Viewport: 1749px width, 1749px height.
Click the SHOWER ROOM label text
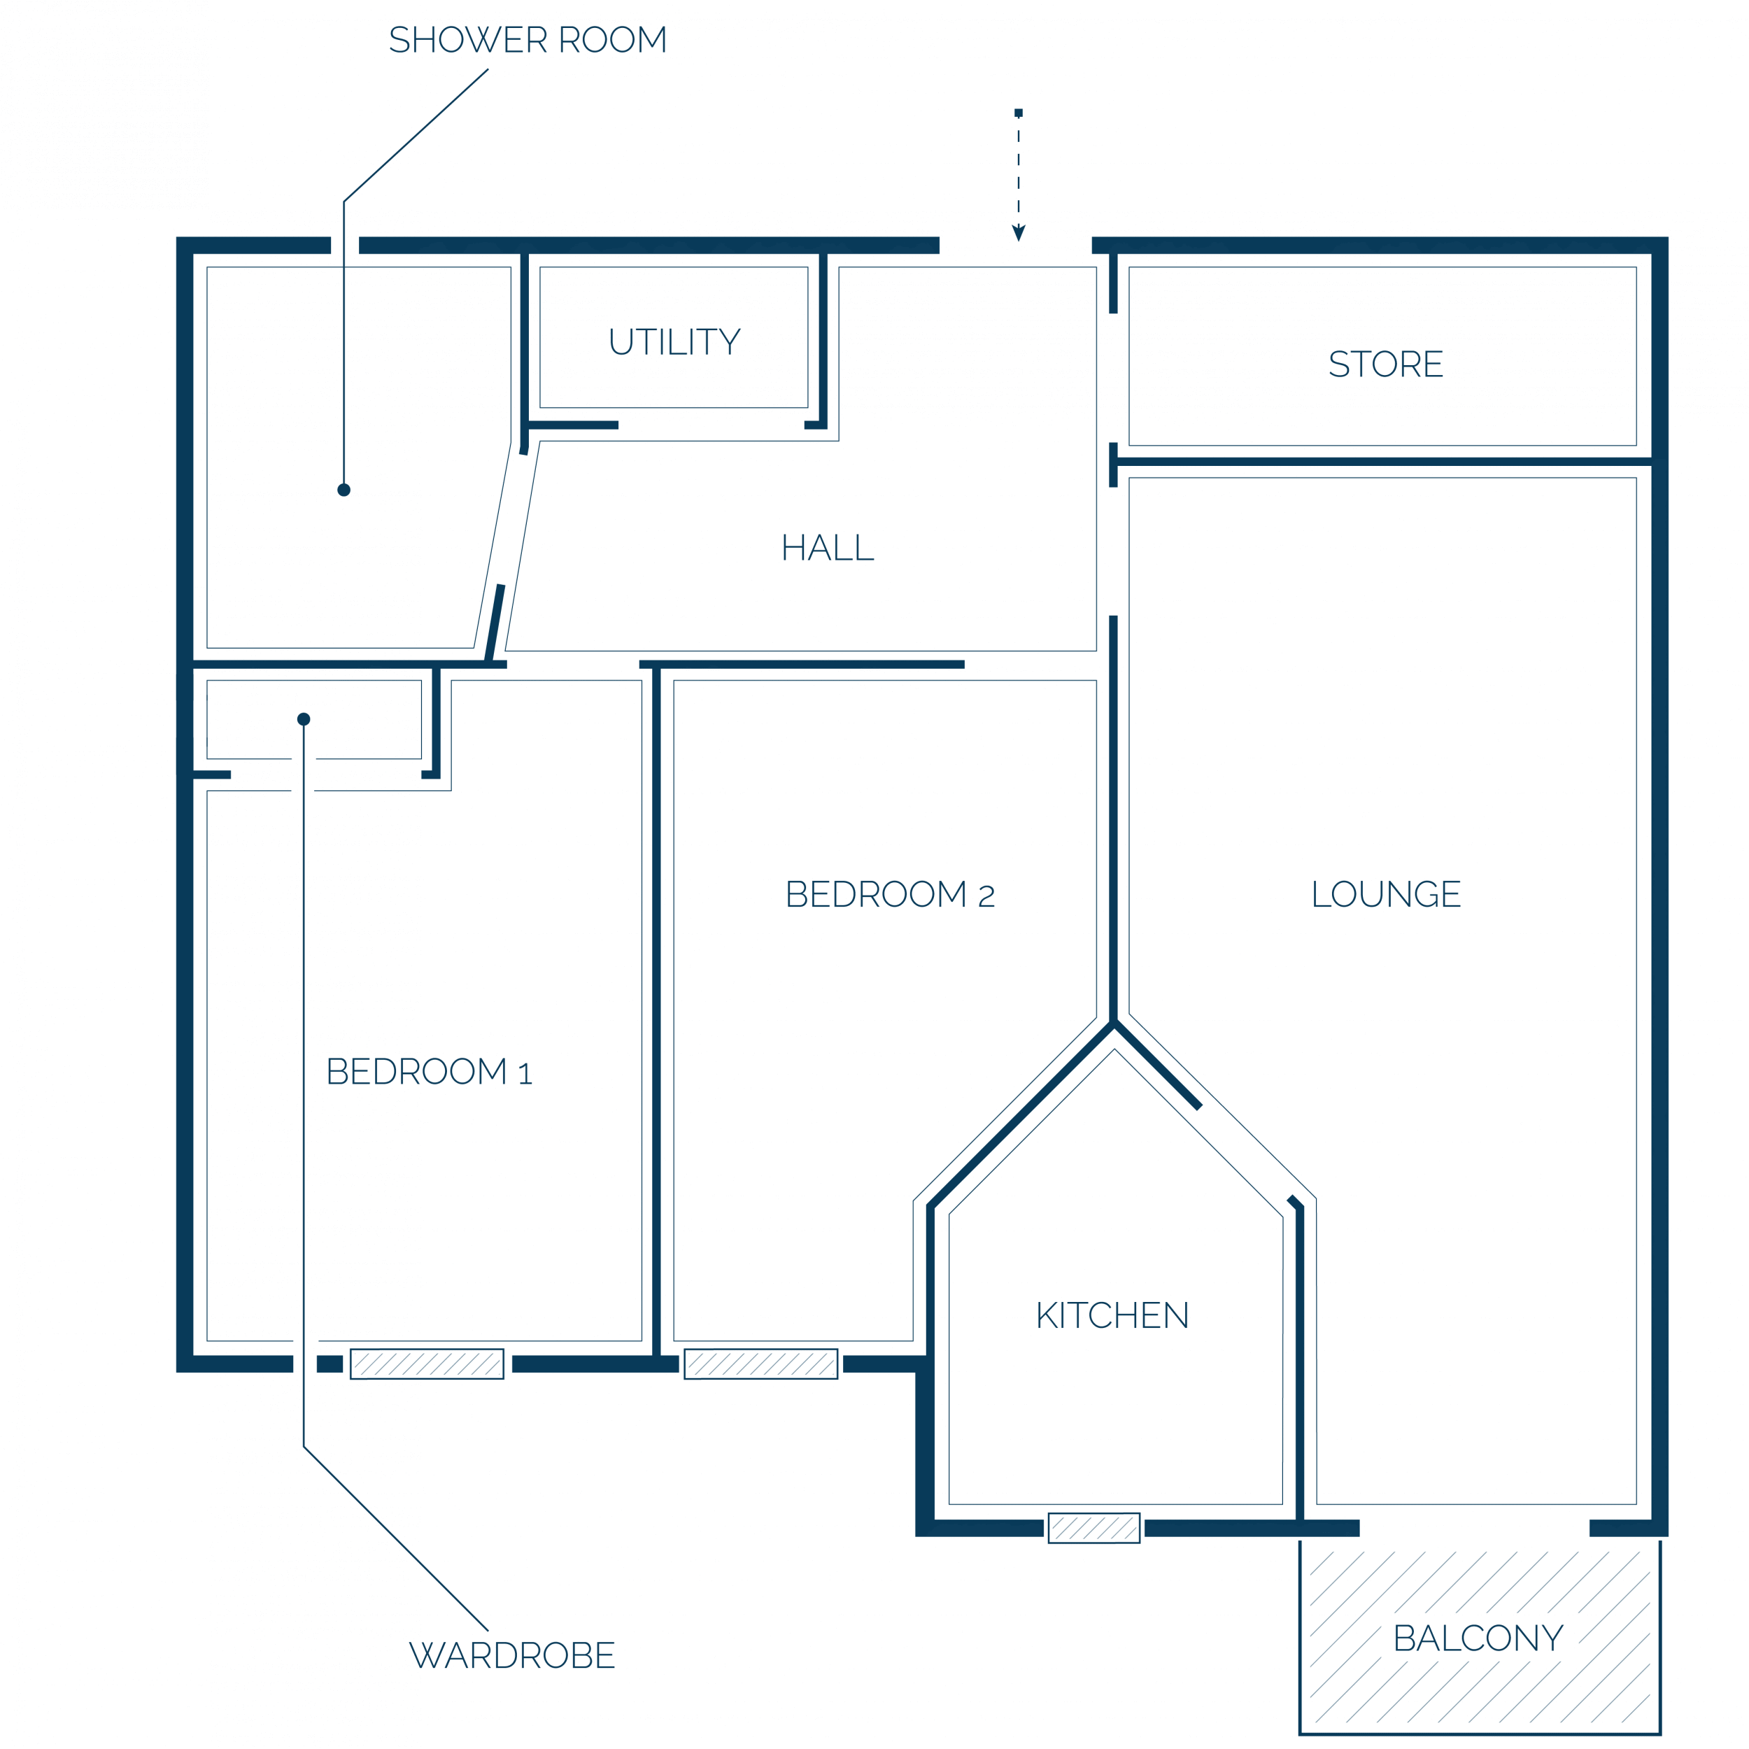[527, 40]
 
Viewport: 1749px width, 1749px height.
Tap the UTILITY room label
[674, 342]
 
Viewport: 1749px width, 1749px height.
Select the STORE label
[1386, 364]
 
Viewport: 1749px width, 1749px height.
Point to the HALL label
[828, 548]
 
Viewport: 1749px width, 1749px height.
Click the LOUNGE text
[1386, 894]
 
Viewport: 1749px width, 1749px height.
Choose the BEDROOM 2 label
[890, 894]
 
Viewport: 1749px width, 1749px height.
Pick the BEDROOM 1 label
[429, 1072]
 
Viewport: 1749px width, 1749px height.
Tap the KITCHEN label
[1112, 1315]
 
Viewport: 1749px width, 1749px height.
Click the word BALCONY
[1478, 1638]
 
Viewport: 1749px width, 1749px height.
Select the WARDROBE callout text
[512, 1656]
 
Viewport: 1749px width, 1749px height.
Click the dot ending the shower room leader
[344, 490]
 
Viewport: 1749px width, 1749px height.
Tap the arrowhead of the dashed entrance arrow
[1019, 234]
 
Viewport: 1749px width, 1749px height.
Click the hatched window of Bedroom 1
[427, 1364]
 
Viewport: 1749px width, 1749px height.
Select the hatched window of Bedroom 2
[761, 1364]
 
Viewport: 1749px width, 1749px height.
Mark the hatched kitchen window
[1094, 1528]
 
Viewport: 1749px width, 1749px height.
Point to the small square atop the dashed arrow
[1019, 113]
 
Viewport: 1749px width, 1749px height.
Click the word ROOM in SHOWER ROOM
[613, 40]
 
